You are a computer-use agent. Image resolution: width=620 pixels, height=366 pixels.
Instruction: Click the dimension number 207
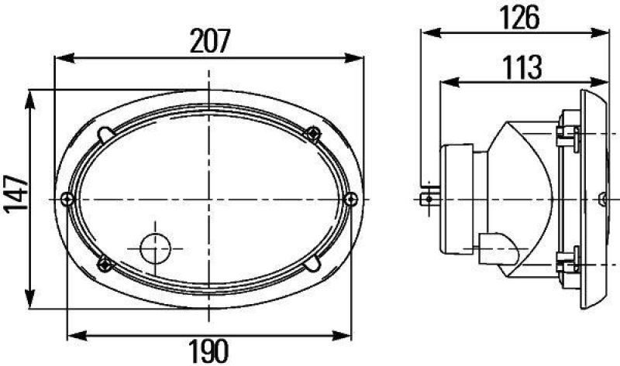pos(209,43)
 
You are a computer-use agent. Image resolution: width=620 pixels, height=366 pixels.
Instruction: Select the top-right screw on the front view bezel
pos(313,132)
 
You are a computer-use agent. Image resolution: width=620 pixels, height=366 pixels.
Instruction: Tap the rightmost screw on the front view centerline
pos(353,199)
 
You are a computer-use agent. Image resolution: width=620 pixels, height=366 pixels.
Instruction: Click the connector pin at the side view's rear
pos(426,199)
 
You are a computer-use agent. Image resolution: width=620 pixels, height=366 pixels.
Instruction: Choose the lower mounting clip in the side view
pos(568,263)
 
